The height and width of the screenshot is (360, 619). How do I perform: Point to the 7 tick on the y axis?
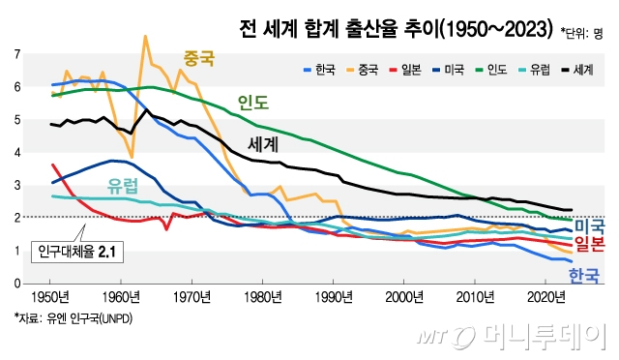click(16, 54)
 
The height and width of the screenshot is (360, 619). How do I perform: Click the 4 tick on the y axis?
click(16, 153)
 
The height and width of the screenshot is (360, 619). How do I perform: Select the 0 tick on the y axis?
click(16, 284)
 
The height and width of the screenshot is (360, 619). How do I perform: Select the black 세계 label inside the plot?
click(264, 144)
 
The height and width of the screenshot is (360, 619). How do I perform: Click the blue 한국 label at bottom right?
click(582, 277)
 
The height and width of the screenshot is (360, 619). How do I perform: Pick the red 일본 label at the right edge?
click(589, 243)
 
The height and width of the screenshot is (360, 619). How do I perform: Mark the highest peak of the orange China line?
click(145, 37)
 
